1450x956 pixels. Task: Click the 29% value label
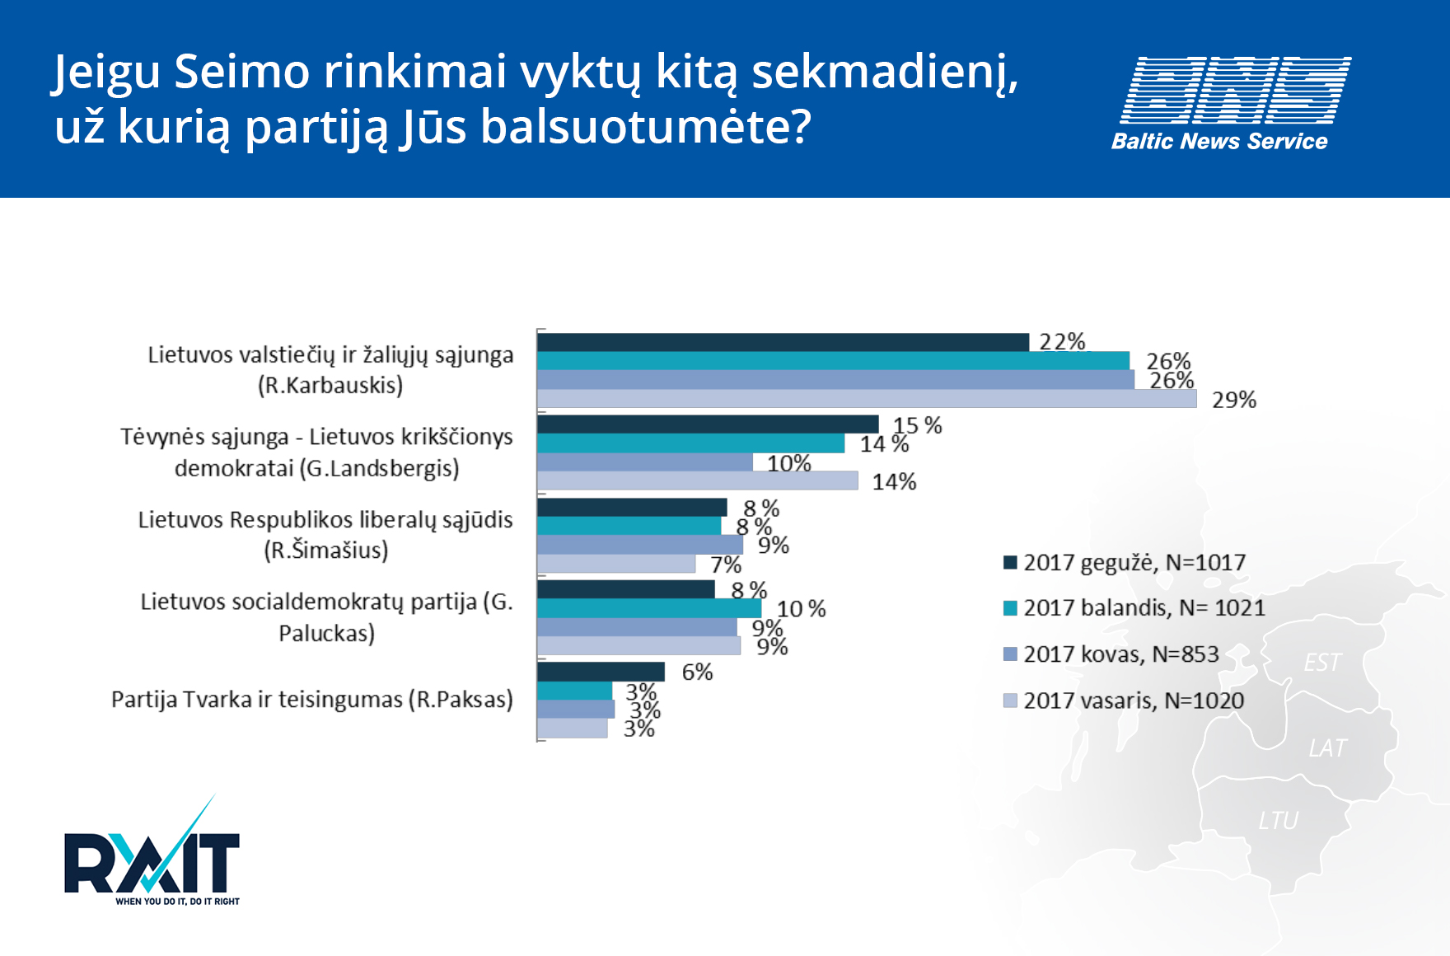click(1233, 400)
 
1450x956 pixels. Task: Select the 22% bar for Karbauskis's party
click(783, 342)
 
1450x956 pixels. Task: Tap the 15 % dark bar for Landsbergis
click(707, 424)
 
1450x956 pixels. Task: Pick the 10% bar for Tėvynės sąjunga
click(644, 462)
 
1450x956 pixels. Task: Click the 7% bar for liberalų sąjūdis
click(615, 564)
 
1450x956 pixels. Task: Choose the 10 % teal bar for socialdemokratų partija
click(648, 608)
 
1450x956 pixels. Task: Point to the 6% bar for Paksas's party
click(601, 672)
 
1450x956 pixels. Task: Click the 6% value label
click(697, 672)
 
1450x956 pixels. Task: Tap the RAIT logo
click(152, 861)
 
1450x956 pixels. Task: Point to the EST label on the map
click(1322, 663)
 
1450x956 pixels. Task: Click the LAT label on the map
click(1327, 748)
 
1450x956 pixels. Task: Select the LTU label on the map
click(1278, 821)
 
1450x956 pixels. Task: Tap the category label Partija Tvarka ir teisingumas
click(311, 700)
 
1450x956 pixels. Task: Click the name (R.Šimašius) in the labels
click(326, 551)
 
